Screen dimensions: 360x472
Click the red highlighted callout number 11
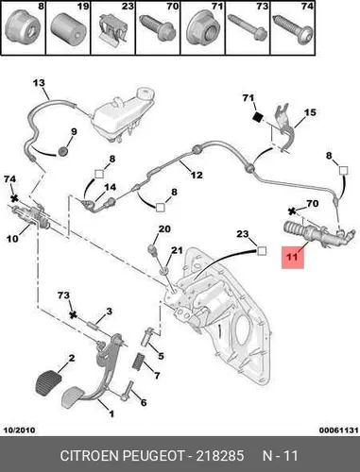(x=293, y=258)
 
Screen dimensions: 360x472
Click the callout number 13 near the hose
(x=39, y=83)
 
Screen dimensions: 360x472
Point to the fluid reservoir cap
(x=146, y=93)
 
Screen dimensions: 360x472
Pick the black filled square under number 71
(x=258, y=117)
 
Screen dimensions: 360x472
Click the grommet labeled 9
(x=63, y=151)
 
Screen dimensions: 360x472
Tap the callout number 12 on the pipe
(x=197, y=175)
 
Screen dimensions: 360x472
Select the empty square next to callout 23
(x=262, y=251)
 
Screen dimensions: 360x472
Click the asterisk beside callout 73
(x=73, y=314)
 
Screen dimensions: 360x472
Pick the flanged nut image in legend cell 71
(x=202, y=32)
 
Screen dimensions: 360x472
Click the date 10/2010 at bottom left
(x=19, y=430)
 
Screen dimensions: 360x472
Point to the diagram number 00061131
(x=339, y=430)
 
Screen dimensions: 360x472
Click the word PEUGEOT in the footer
(x=153, y=455)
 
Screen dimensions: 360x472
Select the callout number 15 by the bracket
(x=310, y=112)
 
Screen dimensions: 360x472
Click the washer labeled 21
(x=164, y=270)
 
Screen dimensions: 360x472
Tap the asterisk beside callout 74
(x=14, y=198)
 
